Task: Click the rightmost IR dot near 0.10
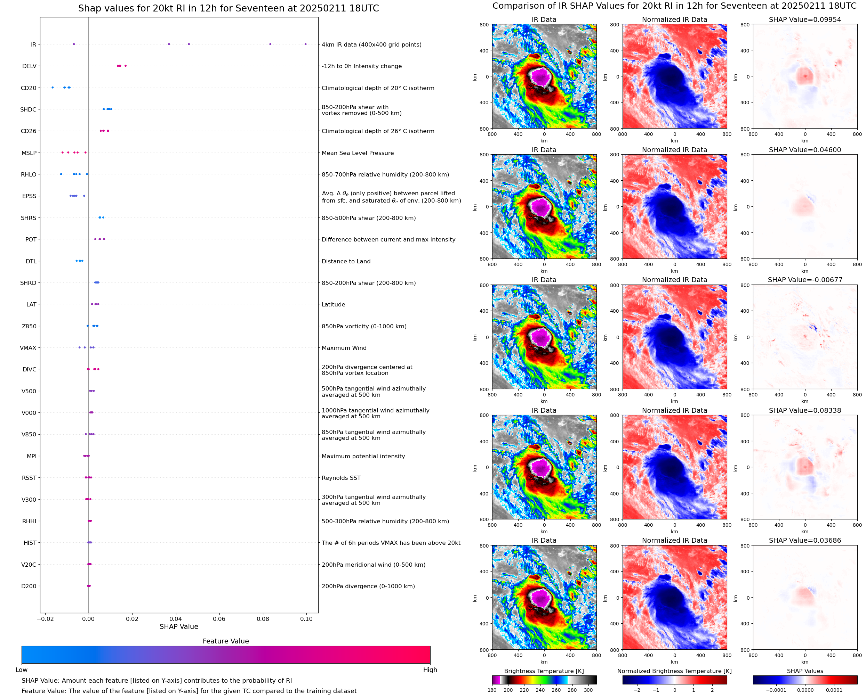[x=305, y=44]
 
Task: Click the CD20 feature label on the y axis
[x=29, y=88]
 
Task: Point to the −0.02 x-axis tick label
[x=45, y=619]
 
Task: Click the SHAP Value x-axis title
[x=179, y=626]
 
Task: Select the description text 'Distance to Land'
[x=346, y=261]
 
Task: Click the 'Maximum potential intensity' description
[x=363, y=456]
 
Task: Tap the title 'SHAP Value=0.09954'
[x=804, y=19]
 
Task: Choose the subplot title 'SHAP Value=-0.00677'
[x=804, y=280]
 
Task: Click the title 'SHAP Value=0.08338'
[x=804, y=411]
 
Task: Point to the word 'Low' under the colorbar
[x=22, y=670]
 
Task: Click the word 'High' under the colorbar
[x=430, y=670]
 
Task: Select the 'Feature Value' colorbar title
[x=226, y=641]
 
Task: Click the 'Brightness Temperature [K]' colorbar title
[x=544, y=671]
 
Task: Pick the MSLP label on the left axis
[x=29, y=153]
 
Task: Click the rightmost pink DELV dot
[x=126, y=66]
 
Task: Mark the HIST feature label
[x=30, y=543]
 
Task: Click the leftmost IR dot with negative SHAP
[x=74, y=44]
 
